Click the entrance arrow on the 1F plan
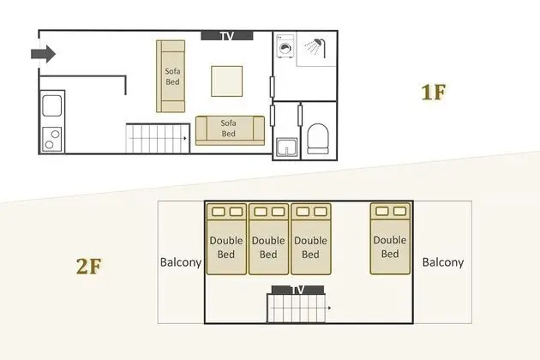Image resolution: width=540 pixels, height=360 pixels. (44, 54)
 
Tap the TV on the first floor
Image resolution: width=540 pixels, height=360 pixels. (227, 35)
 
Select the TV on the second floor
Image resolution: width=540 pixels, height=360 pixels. (298, 290)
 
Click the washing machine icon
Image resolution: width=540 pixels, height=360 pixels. (285, 46)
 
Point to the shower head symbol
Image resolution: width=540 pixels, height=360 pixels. (315, 47)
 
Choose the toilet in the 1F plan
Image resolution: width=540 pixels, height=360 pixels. (317, 139)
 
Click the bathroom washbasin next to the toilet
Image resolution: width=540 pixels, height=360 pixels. (286, 147)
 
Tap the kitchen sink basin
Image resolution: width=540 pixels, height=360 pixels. (52, 105)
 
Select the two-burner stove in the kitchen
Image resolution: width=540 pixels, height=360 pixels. (52, 139)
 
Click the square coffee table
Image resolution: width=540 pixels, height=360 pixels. (227, 81)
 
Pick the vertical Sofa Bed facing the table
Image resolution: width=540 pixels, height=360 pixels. (171, 76)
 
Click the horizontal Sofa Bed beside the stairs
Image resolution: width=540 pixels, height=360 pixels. (230, 130)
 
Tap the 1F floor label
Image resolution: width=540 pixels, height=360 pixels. (434, 93)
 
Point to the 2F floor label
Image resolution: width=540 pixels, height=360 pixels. (89, 267)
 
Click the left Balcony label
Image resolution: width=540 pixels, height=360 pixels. (181, 262)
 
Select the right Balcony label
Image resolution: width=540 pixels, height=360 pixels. (443, 262)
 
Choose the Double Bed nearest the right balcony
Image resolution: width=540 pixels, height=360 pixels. (390, 239)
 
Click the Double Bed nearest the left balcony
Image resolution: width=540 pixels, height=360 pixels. (226, 239)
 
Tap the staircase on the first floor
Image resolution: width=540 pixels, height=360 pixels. (158, 138)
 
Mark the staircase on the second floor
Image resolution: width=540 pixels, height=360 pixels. (297, 309)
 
